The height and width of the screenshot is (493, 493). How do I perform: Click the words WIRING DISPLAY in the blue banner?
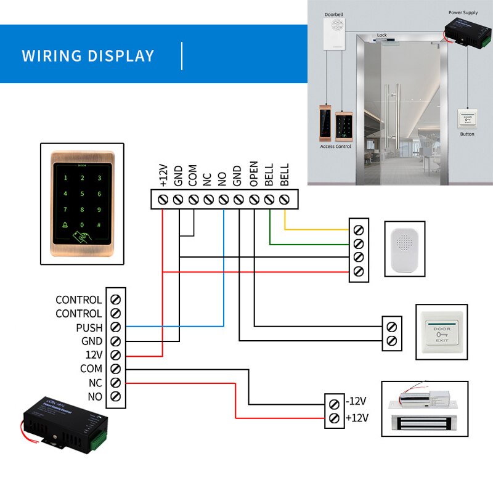pyautogui.click(x=88, y=55)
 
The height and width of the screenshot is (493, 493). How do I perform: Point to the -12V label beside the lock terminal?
pyautogui.click(x=357, y=401)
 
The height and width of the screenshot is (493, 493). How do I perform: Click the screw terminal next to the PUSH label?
pyautogui.click(x=115, y=327)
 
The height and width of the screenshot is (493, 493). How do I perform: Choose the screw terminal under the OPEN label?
pyautogui.click(x=254, y=200)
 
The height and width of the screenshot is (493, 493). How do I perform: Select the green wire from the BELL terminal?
pyautogui.click(x=308, y=244)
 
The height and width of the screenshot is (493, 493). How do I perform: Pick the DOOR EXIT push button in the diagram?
pyautogui.click(x=441, y=332)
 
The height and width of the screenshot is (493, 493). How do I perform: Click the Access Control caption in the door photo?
pyautogui.click(x=335, y=147)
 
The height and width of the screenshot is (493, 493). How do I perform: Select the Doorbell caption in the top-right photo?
pyautogui.click(x=333, y=13)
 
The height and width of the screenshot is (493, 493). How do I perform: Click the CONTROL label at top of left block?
pyautogui.click(x=78, y=299)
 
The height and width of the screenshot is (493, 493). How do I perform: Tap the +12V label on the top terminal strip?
pyautogui.click(x=163, y=175)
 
